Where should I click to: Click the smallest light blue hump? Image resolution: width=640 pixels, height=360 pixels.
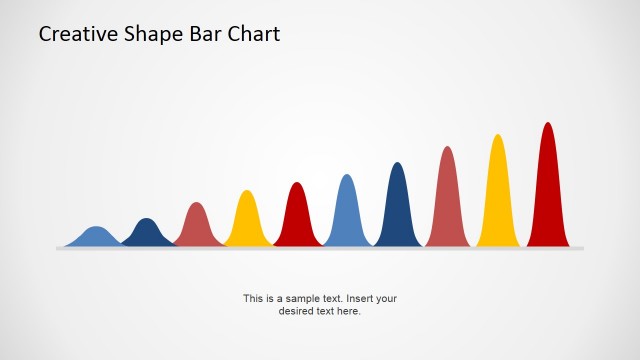[96, 237]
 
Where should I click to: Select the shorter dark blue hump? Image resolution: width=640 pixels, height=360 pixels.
[147, 233]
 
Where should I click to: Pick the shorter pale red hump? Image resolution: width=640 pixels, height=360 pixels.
[197, 226]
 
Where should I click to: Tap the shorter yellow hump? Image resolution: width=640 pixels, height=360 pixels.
[247, 220]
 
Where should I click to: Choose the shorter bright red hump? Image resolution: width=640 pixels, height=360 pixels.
[297, 216]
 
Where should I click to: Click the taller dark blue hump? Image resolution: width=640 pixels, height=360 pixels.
[397, 206]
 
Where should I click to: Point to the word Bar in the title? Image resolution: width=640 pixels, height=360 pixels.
[200, 34]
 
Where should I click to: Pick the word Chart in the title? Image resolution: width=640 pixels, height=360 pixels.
[252, 34]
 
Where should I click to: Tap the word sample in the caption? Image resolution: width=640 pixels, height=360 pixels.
[301, 298]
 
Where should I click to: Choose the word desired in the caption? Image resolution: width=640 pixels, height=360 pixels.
[295, 311]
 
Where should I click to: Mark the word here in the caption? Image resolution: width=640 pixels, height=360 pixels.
[349, 311]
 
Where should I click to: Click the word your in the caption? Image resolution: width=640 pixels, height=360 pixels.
[387, 298]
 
